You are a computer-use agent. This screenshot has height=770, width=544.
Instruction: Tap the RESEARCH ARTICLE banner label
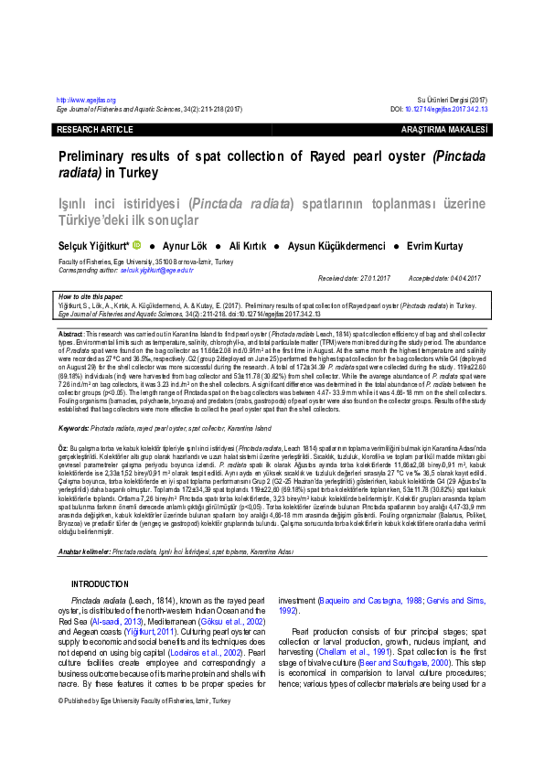[89, 131]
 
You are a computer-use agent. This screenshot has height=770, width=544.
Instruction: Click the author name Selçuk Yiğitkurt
[92, 246]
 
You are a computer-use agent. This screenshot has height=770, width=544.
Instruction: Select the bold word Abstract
[70, 336]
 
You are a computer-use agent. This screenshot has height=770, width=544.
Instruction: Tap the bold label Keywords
[73, 428]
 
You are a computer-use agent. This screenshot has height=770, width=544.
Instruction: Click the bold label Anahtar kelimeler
[83, 527]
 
